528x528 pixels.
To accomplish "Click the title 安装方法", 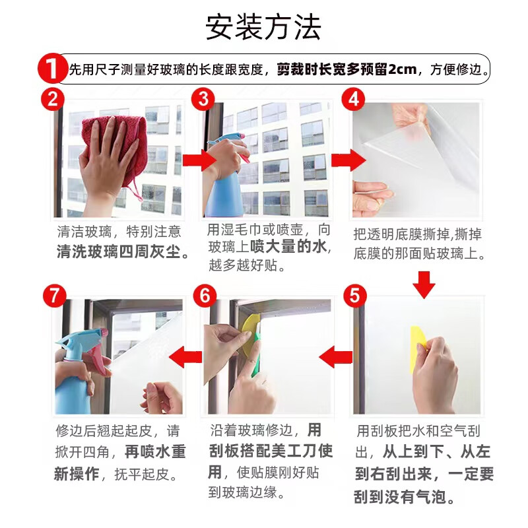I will (x=263, y=27).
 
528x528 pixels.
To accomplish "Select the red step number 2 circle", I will (x=53, y=100).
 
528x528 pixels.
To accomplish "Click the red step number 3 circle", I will (x=203, y=100).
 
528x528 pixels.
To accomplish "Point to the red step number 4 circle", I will (x=354, y=100).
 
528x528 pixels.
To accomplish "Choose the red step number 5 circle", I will (x=355, y=296).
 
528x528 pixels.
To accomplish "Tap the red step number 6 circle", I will (x=205, y=296).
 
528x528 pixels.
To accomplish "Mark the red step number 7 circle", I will (x=54, y=296).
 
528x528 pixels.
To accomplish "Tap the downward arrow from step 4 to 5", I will (x=424, y=283).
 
